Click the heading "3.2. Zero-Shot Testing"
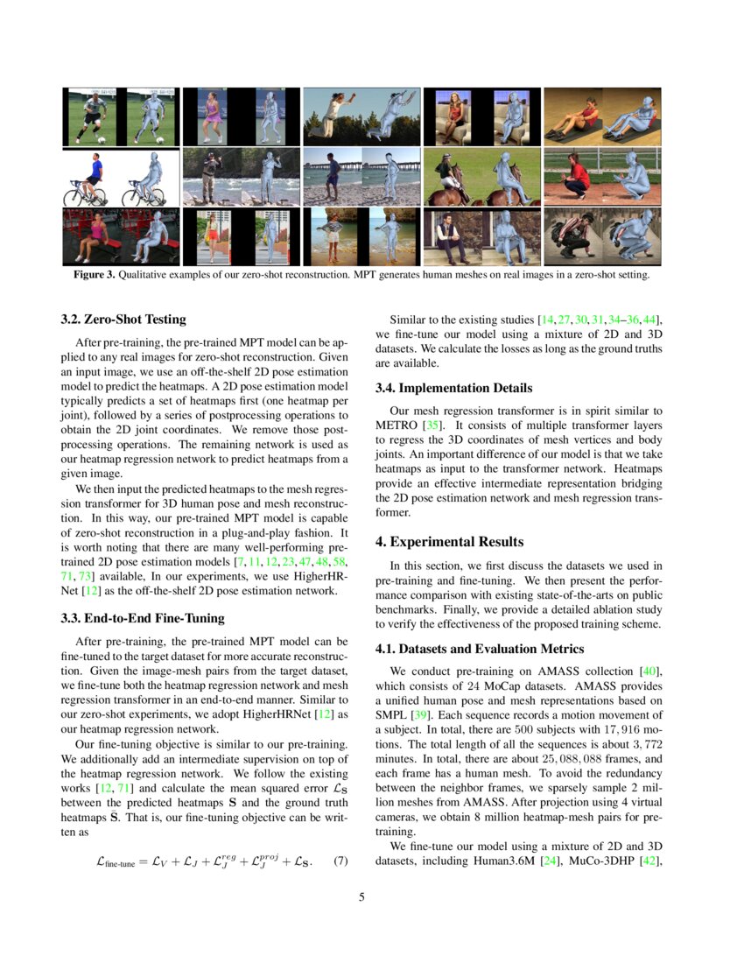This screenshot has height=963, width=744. pos(123,320)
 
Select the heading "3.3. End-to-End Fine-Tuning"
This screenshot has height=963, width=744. pos(143,618)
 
